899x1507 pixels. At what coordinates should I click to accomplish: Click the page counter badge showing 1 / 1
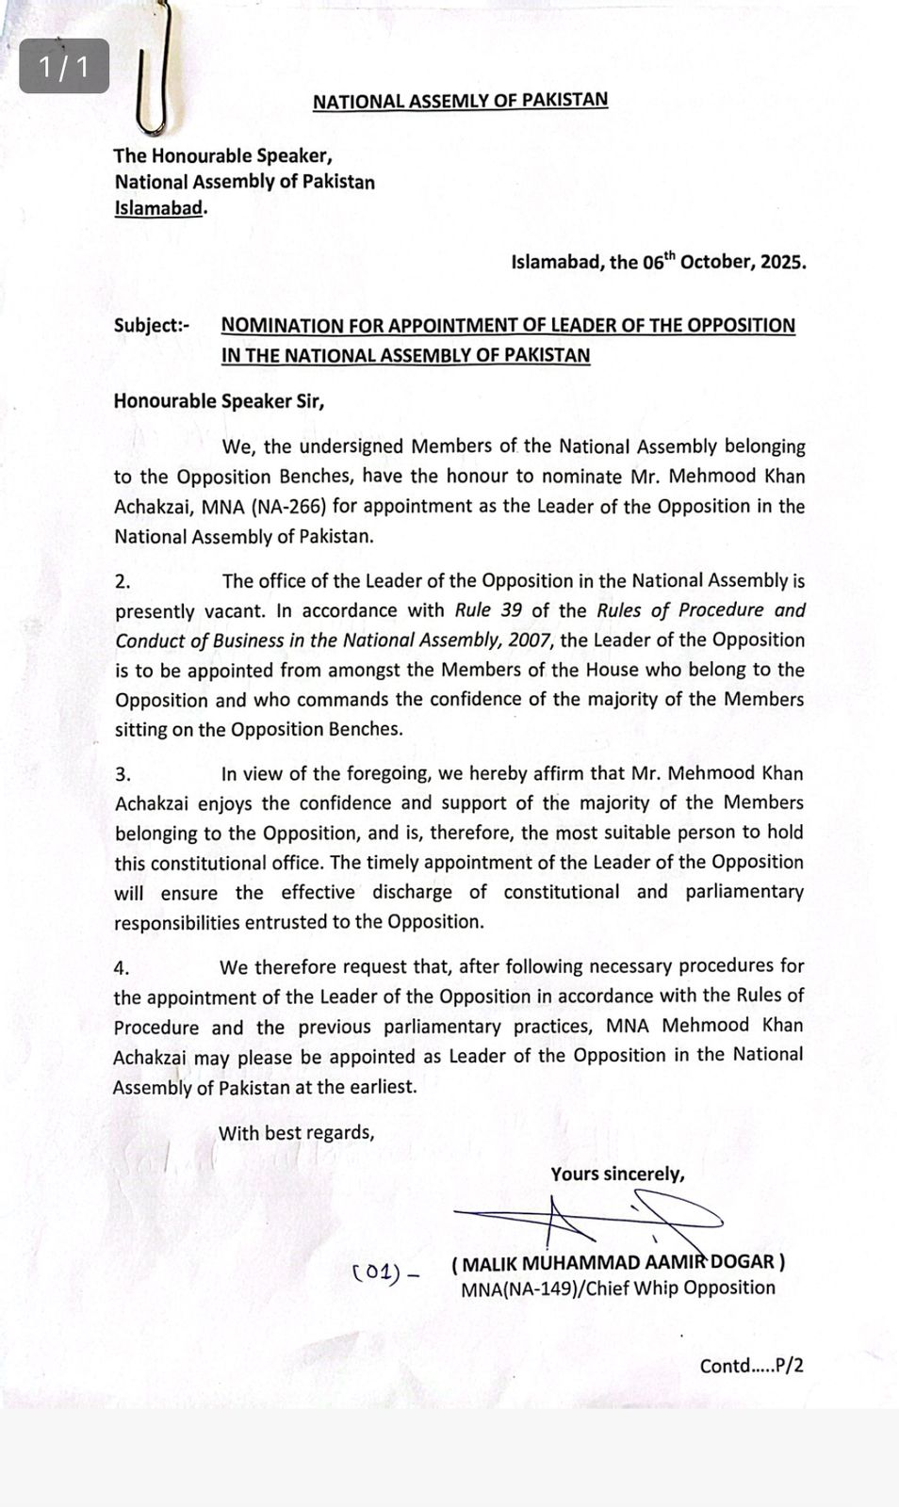pyautogui.click(x=64, y=67)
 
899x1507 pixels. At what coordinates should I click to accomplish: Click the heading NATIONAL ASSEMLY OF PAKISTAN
pyautogui.click(x=460, y=101)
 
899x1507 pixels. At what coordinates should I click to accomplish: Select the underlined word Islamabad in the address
pyautogui.click(x=158, y=208)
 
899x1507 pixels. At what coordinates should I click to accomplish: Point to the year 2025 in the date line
pyautogui.click(x=781, y=263)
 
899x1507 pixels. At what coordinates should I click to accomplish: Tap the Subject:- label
pyautogui.click(x=151, y=326)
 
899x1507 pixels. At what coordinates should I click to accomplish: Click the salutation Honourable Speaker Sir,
pyautogui.click(x=219, y=401)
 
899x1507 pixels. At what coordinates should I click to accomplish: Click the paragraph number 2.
pyautogui.click(x=123, y=582)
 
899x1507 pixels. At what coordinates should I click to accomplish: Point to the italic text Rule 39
pyautogui.click(x=488, y=610)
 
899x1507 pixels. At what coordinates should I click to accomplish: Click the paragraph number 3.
pyautogui.click(x=123, y=775)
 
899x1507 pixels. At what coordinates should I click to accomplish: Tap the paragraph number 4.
pyautogui.click(x=122, y=968)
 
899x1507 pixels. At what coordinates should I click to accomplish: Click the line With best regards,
pyautogui.click(x=297, y=1133)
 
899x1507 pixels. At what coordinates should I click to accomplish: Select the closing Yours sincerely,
pyautogui.click(x=617, y=1175)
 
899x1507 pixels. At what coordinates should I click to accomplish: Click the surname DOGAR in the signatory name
pyautogui.click(x=742, y=1262)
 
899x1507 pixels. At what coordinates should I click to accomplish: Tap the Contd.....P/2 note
pyautogui.click(x=751, y=1366)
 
